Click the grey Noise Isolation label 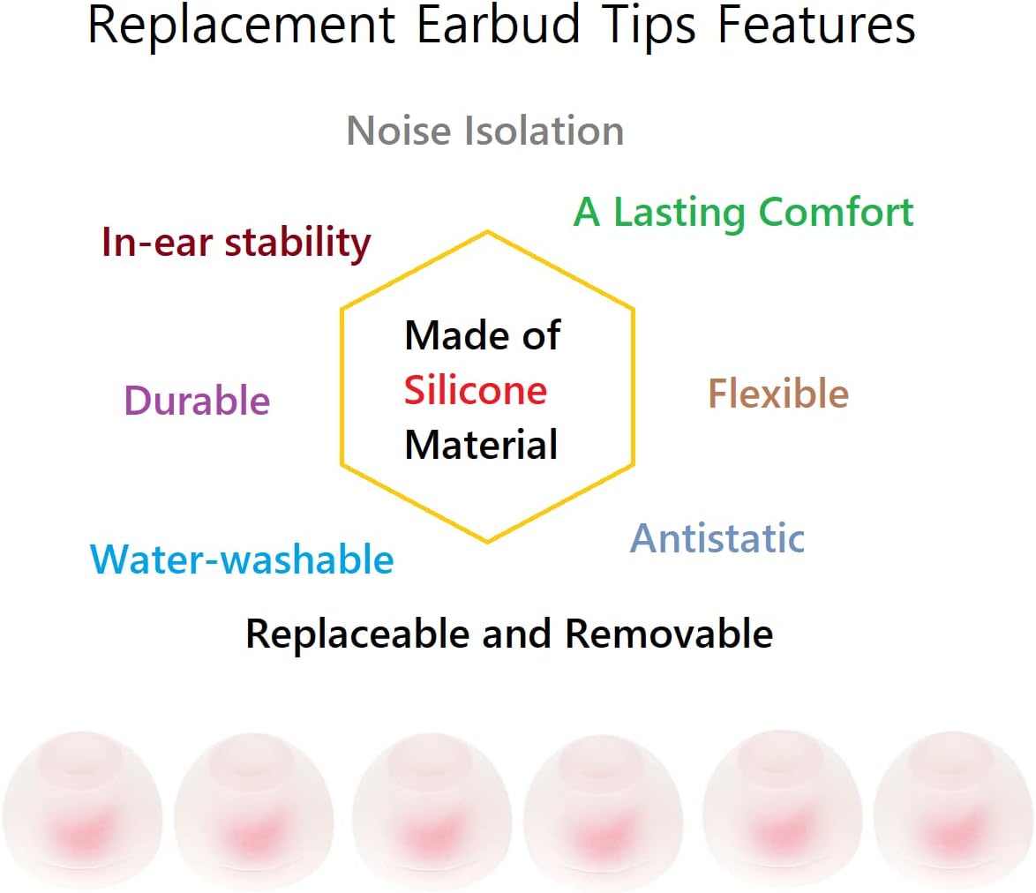coord(485,131)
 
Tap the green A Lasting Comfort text coord(743,213)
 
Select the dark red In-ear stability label coord(236,243)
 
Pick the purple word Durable coord(197,401)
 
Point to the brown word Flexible coord(778,394)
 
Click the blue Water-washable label coord(242,559)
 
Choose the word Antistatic coord(717,538)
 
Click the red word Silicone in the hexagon coord(476,390)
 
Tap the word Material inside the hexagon coord(481,444)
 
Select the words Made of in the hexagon coord(482,335)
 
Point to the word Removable coord(669,634)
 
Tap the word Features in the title coord(815,26)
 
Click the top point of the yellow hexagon coord(487,231)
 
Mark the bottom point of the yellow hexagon coord(487,542)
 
